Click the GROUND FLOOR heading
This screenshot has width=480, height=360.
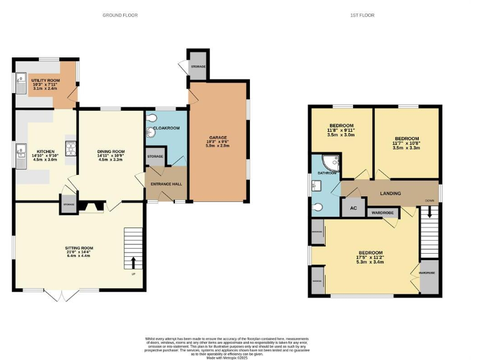(x=120, y=15)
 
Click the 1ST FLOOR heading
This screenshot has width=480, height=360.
(x=362, y=15)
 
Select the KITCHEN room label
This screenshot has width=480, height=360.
(x=46, y=151)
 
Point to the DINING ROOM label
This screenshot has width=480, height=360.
(x=111, y=151)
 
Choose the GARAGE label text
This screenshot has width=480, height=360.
(x=218, y=137)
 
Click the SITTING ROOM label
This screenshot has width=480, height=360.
(x=79, y=248)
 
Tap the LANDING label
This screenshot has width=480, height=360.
(x=390, y=194)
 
